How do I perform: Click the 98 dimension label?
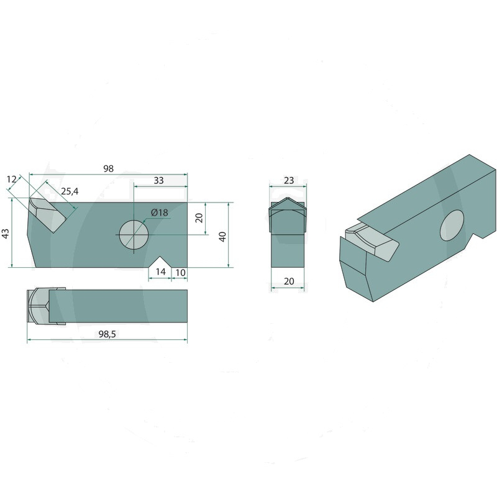pos(108,168)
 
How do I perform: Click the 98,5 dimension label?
pos(107,334)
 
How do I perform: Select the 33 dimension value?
pos(159,180)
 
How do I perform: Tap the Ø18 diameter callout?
pos(160,212)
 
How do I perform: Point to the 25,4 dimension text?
pos(70,191)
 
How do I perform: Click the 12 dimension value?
pos(11,180)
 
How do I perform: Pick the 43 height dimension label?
pos(6,234)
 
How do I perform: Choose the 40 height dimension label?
pos(223,237)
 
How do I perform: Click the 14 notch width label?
pos(161,271)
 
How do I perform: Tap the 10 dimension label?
pos(180,273)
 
